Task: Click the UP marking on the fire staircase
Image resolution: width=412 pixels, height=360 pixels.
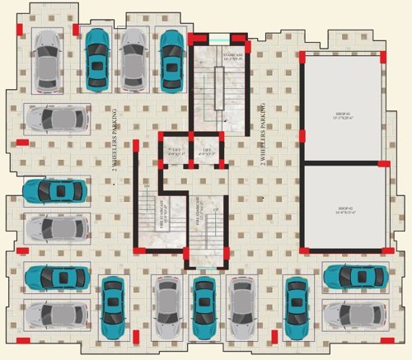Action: pos(217,211)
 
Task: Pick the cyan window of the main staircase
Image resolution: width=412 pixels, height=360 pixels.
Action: pos(218,39)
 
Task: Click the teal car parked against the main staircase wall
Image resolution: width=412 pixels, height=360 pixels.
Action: pos(172,58)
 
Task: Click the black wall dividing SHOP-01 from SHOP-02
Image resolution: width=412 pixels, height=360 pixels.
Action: pos(344,162)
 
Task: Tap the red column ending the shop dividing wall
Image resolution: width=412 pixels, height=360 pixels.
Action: pos(386,162)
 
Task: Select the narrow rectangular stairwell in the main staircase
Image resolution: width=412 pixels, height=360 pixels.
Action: pos(218,87)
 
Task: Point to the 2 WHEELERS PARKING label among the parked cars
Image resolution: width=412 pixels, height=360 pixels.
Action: pos(114,136)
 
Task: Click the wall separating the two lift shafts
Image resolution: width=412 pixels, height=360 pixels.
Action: pos(191,151)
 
